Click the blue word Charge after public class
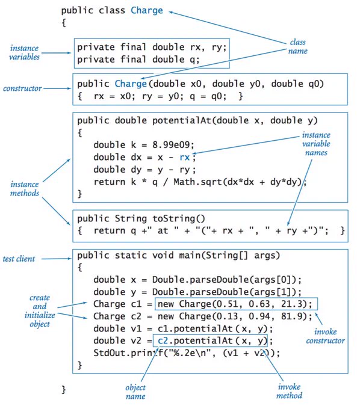[147, 11]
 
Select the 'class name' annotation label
[297, 46]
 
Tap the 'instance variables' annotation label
[24, 52]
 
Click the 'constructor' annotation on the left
[22, 88]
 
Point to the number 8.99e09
[173, 145]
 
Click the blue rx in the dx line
[185, 158]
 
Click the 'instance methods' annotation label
[25, 189]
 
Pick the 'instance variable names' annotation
[316, 144]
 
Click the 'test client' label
[19, 259]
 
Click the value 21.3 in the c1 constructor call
[291, 304]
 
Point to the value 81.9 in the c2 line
[291, 316]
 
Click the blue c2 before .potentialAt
[163, 340]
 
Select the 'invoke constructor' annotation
[325, 336]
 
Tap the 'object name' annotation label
[135, 392]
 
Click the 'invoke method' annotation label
[289, 391]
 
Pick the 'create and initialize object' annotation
[40, 311]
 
